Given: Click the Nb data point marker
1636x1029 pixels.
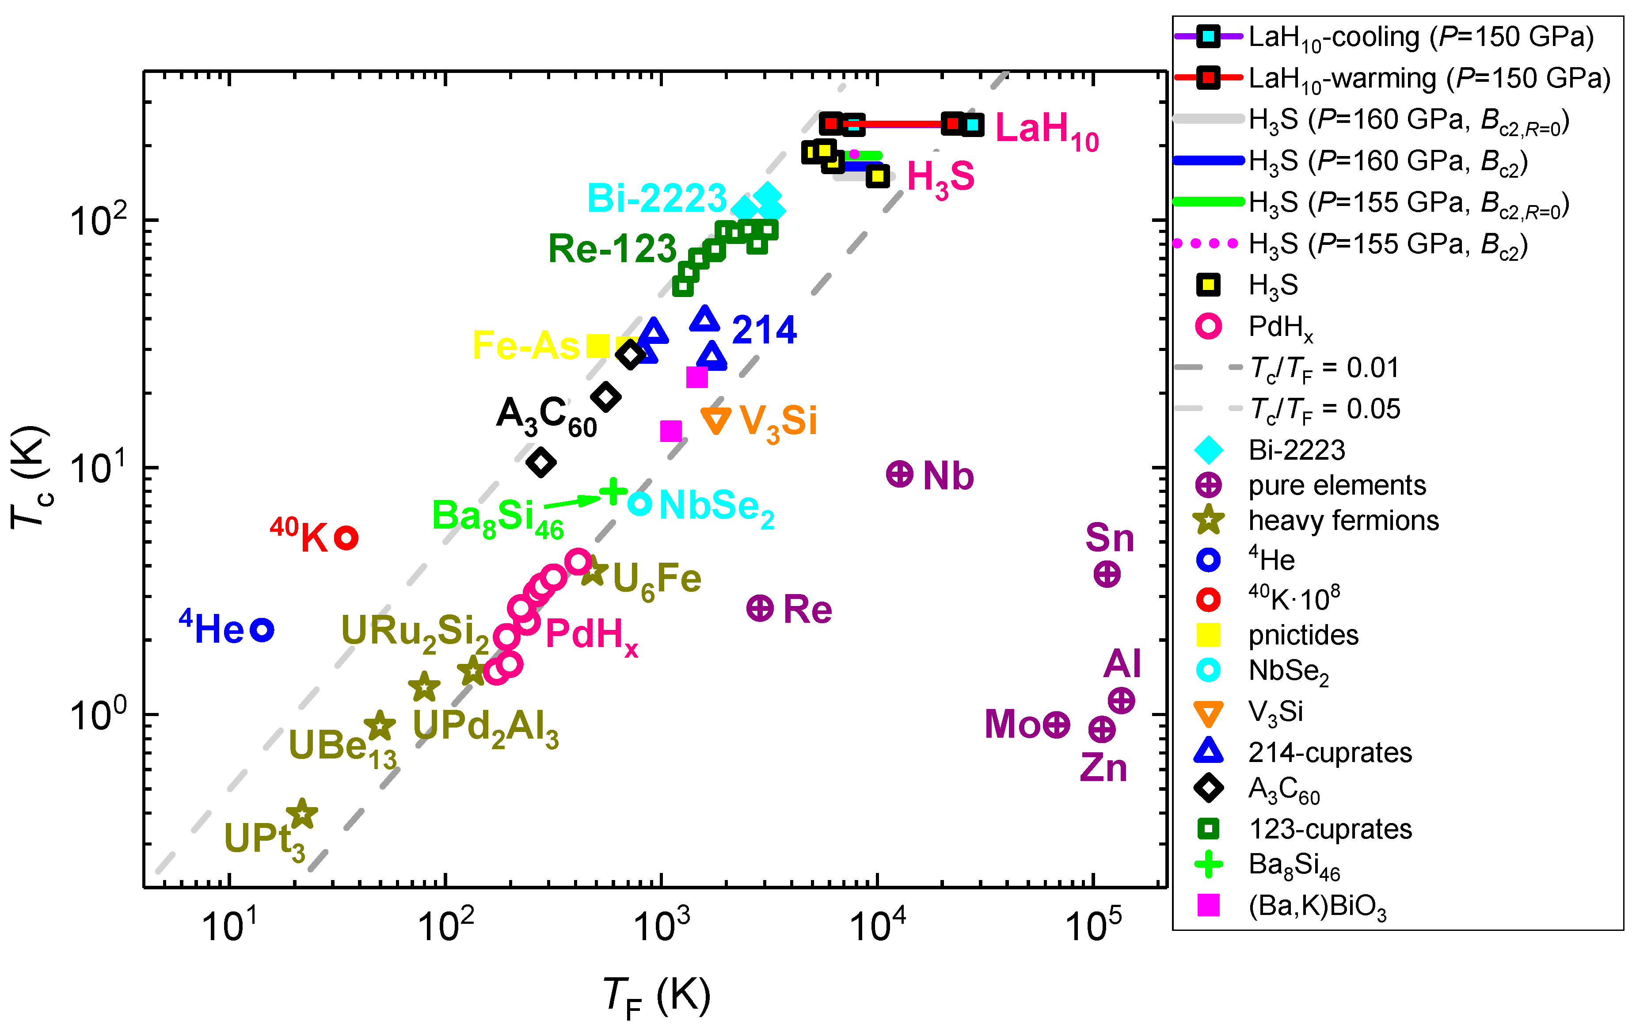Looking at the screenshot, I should coord(899,474).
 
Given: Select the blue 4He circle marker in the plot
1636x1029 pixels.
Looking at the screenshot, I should coord(262,630).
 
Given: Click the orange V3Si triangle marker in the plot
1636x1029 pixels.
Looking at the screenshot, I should coord(715,420).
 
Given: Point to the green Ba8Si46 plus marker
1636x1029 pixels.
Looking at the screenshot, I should coord(613,491).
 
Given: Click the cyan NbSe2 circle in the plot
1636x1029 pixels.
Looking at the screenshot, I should coord(639,503).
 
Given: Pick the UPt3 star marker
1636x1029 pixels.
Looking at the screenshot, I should coord(302,814).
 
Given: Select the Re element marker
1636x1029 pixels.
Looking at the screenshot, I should coord(760,608).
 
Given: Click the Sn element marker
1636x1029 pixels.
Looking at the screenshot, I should coord(1107,574).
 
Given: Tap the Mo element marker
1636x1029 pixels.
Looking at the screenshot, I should coord(1057,724).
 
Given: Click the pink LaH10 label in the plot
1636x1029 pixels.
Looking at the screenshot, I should coord(1046,129).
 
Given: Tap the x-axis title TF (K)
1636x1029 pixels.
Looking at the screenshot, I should coord(656,996).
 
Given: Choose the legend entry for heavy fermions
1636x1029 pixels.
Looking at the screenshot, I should coord(1343,521).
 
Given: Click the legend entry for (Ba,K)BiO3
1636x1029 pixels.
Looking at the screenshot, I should coord(1316,906).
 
